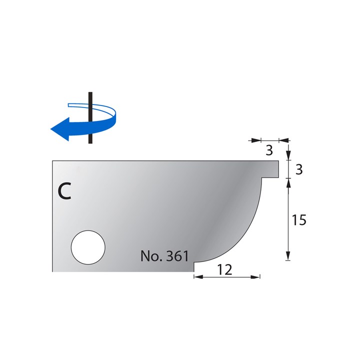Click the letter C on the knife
point(64,191)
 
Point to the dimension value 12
point(226,269)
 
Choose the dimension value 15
point(298,220)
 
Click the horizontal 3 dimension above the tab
point(269,149)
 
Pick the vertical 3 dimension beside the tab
point(298,169)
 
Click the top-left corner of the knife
point(53,160)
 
